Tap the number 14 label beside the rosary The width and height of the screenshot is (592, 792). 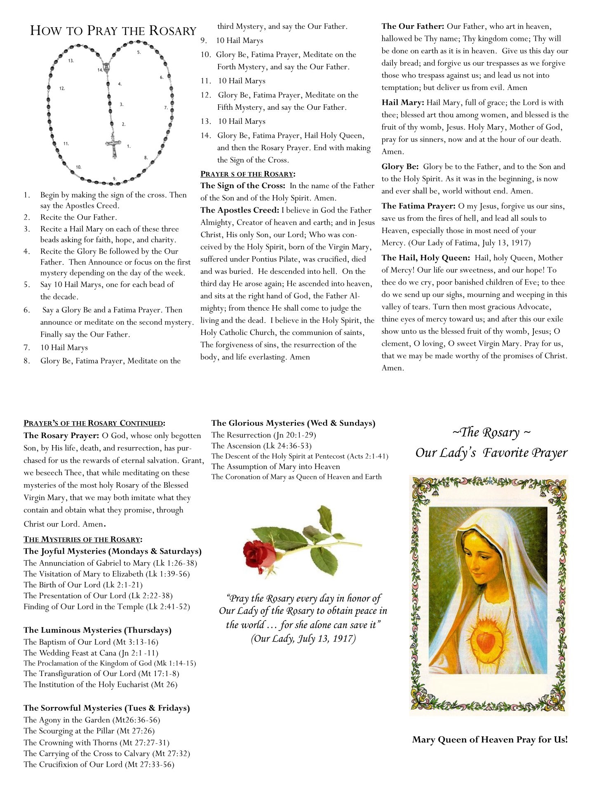pyautogui.click(x=100, y=70)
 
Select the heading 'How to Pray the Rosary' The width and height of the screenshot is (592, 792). pyautogui.click(x=113, y=31)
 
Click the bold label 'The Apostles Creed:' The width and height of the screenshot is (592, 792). pyautogui.click(x=240, y=210)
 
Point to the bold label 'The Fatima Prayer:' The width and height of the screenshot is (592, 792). pyautogui.click(x=418, y=206)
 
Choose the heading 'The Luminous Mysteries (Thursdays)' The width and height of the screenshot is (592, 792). pyautogui.click(x=97, y=630)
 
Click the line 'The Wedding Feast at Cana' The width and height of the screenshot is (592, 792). pyautogui.click(x=91, y=653)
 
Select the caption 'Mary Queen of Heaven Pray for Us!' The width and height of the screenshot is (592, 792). pyautogui.click(x=490, y=740)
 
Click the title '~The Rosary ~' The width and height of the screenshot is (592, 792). pyautogui.click(x=491, y=432)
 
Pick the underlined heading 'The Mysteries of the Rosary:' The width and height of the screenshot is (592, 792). pyautogui.click(x=83, y=539)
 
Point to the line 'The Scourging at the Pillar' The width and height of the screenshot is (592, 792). pyautogui.click(x=89, y=731)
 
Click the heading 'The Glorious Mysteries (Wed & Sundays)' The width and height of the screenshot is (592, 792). pyautogui.click(x=293, y=423)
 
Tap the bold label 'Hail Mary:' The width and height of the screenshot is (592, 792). pyautogui.click(x=402, y=102)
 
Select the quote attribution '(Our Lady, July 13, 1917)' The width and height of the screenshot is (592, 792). pyautogui.click(x=303, y=639)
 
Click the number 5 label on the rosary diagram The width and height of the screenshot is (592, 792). pyautogui.click(x=139, y=52)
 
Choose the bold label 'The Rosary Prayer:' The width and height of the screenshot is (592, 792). pyautogui.click(x=61, y=435)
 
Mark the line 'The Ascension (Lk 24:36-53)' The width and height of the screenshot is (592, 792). pyautogui.click(x=261, y=445)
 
